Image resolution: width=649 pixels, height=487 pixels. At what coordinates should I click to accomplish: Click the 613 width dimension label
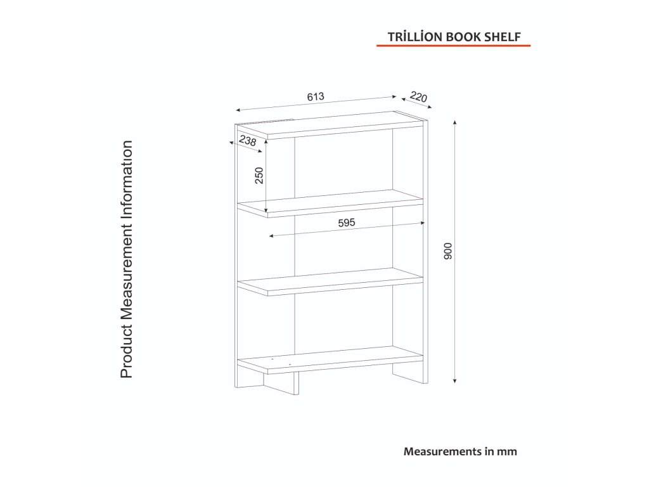click(x=316, y=96)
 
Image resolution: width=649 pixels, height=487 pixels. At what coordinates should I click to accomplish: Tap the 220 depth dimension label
click(x=418, y=97)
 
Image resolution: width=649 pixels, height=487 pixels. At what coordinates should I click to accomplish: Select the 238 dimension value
click(x=248, y=141)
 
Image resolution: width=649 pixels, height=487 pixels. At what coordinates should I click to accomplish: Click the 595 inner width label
click(x=348, y=223)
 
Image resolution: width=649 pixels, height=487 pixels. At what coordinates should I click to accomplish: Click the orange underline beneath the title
click(x=453, y=46)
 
